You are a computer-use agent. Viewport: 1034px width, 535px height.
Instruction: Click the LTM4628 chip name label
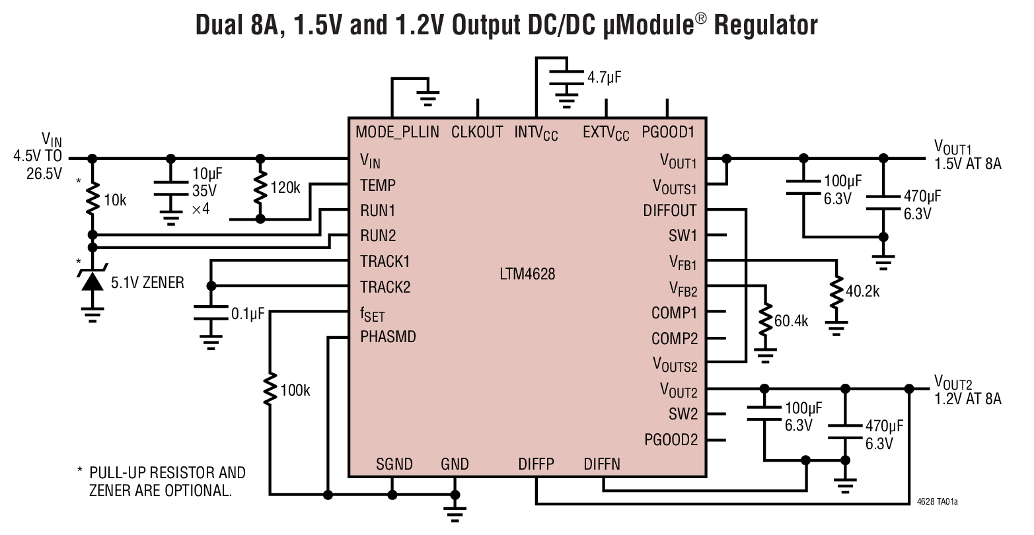pos(527,273)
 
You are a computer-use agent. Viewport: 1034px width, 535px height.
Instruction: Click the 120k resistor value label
pos(285,188)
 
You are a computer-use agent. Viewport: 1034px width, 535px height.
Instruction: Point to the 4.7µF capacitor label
pos(605,78)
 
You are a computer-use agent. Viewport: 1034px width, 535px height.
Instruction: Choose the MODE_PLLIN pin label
pos(397,131)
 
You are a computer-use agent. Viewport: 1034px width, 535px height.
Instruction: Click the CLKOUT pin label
pos(477,131)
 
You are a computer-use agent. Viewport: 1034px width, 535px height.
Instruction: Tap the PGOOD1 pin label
pos(668,131)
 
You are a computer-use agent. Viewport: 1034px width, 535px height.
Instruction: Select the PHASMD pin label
pos(388,336)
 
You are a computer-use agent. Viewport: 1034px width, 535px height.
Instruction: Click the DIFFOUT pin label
pos(670,211)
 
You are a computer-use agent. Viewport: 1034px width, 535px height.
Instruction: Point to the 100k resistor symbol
pos(270,389)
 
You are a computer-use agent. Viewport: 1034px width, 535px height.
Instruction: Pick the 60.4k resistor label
pos(792,322)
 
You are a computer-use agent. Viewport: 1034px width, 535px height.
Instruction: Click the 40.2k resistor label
pos(863,290)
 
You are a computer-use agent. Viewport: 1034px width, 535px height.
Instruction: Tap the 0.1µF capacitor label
pos(247,314)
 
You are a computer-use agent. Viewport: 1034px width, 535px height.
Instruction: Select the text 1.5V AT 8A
pos(967,164)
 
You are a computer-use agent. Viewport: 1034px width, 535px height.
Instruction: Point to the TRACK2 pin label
pos(385,287)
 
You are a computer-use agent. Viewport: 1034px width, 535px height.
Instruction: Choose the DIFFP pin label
pos(536,464)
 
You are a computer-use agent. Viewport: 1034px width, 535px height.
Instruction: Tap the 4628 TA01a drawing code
pos(938,502)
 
